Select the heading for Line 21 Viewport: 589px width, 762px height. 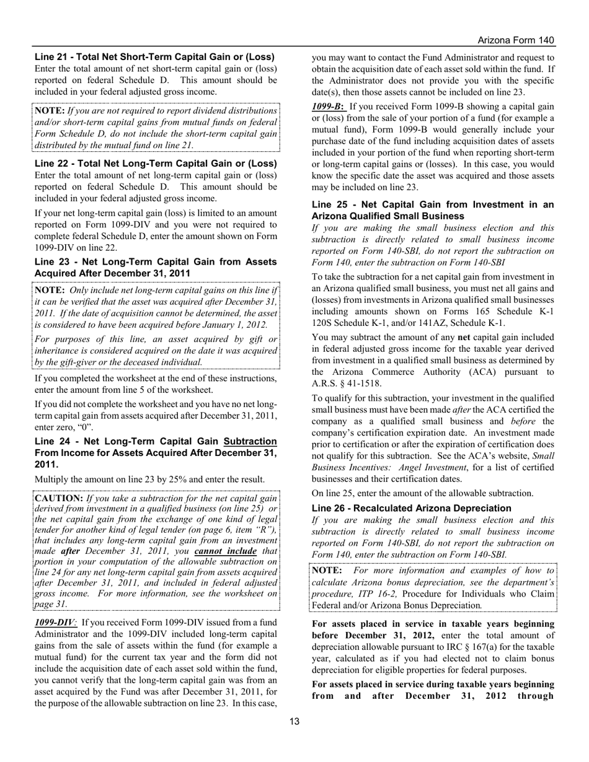[x=155, y=56]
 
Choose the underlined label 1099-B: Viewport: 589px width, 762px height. [x=329, y=105]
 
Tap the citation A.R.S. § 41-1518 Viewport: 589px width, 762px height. [x=347, y=383]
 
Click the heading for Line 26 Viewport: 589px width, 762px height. [x=412, y=508]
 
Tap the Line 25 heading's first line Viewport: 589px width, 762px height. [x=433, y=204]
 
